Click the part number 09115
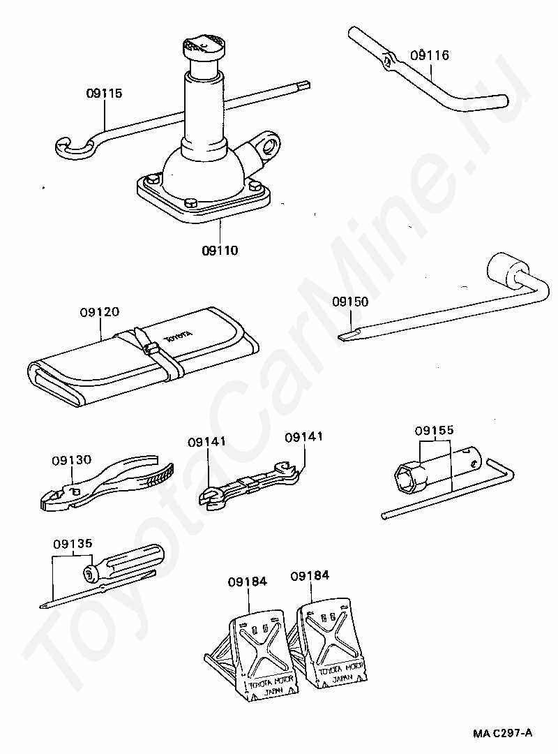105,92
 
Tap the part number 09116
430,55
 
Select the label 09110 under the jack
220,249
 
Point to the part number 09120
100,312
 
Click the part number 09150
349,302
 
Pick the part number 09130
71,460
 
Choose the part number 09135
72,543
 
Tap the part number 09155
435,431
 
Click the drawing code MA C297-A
502,732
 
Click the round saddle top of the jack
202,47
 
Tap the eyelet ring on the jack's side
269,145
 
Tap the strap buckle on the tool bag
148,347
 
